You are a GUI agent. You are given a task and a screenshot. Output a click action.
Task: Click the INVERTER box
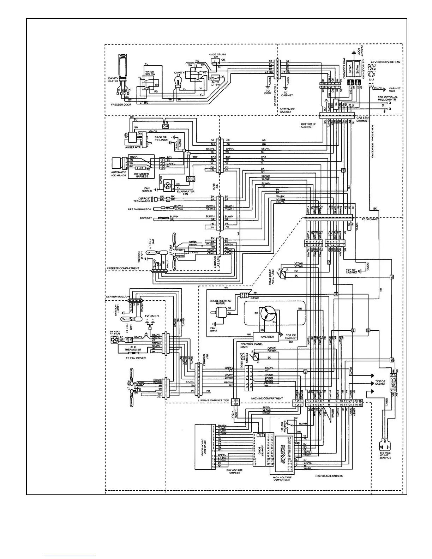pyautogui.click(x=267, y=337)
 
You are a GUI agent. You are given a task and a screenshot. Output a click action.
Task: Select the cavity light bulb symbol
pyautogui.click(x=178, y=83)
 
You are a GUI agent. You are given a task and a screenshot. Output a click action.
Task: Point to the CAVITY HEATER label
pyautogui.click(x=113, y=79)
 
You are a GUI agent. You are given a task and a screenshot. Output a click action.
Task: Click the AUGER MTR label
pyautogui.click(x=132, y=147)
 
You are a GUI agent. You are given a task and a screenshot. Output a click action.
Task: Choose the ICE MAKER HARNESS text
pyautogui.click(x=142, y=175)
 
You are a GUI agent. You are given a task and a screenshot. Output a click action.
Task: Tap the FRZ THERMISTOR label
pyautogui.click(x=139, y=209)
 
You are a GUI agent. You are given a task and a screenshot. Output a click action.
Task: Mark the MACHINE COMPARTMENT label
pyautogui.click(x=267, y=398)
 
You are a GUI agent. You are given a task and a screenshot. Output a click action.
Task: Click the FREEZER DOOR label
pyautogui.click(x=121, y=105)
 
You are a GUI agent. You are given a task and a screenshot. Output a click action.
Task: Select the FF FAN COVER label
pyautogui.click(x=136, y=358)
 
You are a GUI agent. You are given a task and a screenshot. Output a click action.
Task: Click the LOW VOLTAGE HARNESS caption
pyautogui.click(x=234, y=471)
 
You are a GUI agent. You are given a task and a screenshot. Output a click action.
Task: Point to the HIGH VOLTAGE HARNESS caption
pyautogui.click(x=329, y=476)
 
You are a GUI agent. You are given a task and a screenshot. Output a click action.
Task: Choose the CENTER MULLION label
pyautogui.click(x=118, y=297)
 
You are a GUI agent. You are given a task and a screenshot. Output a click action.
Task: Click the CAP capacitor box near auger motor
pyautogui.click(x=166, y=126)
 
